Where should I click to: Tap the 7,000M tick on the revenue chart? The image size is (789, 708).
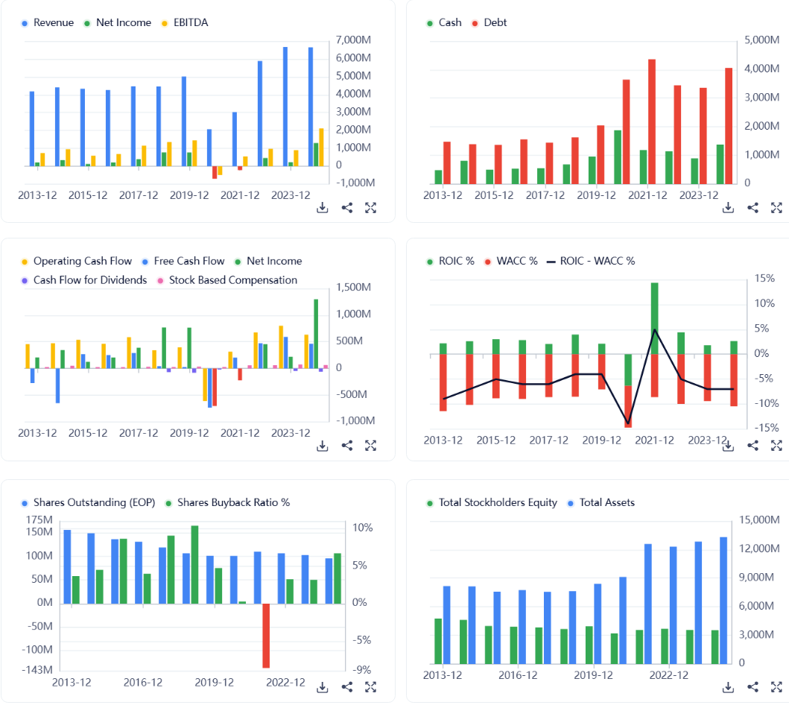[355, 40]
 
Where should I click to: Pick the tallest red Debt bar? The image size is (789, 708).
[652, 121]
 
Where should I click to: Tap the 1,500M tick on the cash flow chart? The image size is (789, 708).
[355, 288]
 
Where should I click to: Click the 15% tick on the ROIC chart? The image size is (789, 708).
[765, 279]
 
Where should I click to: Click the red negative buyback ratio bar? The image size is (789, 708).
[266, 635]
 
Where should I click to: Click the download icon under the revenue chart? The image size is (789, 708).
[323, 208]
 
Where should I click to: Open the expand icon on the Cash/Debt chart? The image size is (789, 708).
[776, 208]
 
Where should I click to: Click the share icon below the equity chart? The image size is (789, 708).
[752, 686]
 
